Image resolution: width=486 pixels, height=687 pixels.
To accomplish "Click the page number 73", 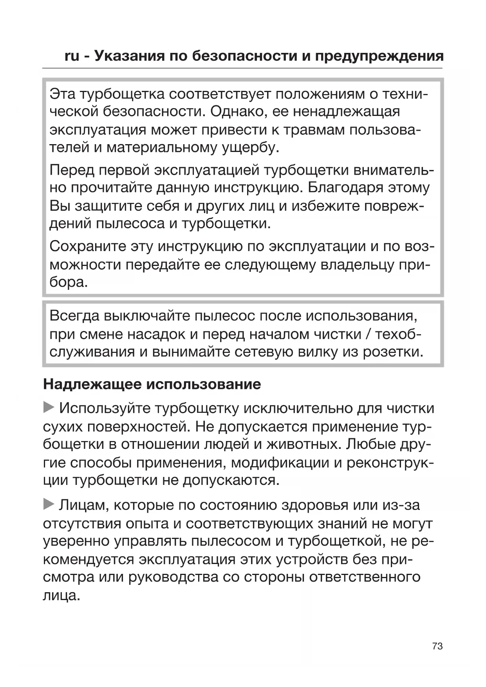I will [x=437, y=646].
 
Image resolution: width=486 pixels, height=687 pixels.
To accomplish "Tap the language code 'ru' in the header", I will [x=72, y=56].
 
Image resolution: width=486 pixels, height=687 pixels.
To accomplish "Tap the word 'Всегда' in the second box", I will [x=74, y=316].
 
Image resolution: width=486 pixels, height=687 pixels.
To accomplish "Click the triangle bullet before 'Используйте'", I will [x=49, y=407].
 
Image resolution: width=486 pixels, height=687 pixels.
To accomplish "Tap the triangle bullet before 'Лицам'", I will [x=49, y=504].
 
